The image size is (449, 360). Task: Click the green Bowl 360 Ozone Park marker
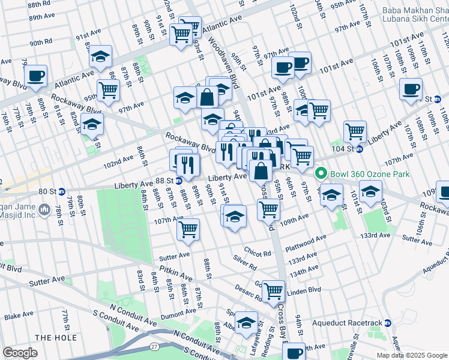[x=321, y=174]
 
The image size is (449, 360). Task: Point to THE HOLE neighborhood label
[x=55, y=338]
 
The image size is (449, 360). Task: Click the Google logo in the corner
[x=20, y=352]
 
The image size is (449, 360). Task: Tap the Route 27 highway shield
[x=154, y=346]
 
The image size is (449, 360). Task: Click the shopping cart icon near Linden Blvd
[x=274, y=291]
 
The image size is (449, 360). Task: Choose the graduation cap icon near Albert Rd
[x=246, y=323]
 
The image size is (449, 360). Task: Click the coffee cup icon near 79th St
[x=35, y=76]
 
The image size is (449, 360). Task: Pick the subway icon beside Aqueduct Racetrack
[x=388, y=323]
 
